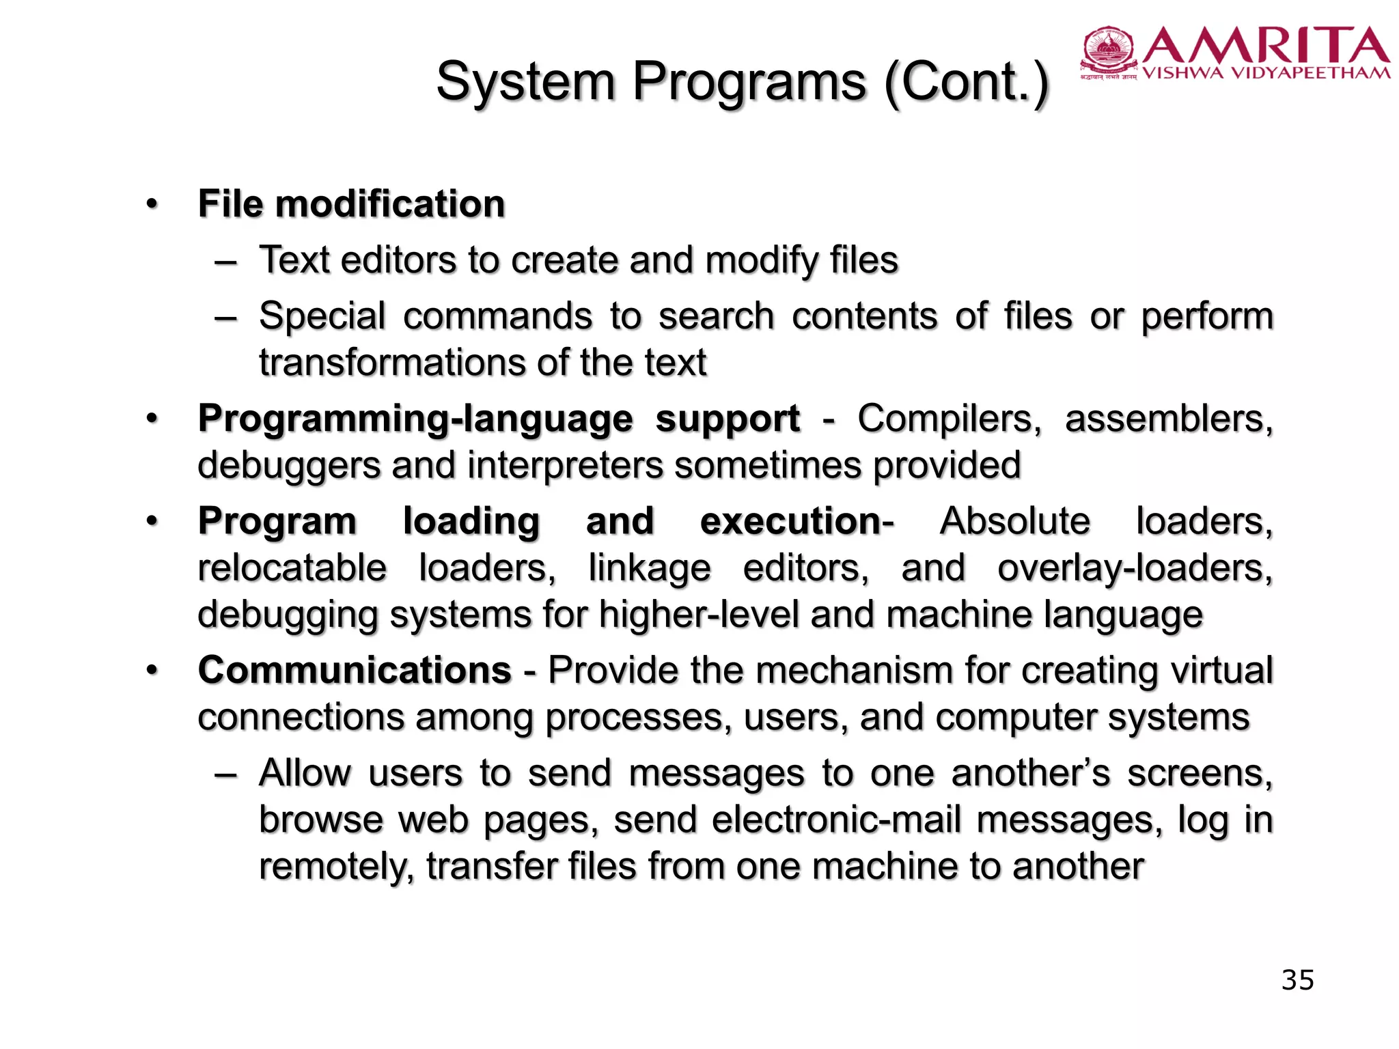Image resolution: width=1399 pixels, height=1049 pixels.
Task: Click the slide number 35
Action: click(1297, 980)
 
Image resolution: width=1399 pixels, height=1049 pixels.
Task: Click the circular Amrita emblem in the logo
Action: click(1108, 48)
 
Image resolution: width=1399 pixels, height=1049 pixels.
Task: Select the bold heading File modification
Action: click(351, 204)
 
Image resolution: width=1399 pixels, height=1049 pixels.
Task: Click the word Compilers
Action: click(949, 419)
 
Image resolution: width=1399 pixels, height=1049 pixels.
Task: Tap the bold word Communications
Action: click(355, 670)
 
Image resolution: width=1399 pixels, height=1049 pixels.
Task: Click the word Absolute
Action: click(1015, 522)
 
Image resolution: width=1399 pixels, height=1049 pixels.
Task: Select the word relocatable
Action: click(292, 568)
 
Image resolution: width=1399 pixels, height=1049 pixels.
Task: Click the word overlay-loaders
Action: click(1135, 568)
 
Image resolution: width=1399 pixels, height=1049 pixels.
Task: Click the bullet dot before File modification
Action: click(152, 204)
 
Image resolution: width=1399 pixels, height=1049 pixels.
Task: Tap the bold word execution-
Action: click(797, 522)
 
